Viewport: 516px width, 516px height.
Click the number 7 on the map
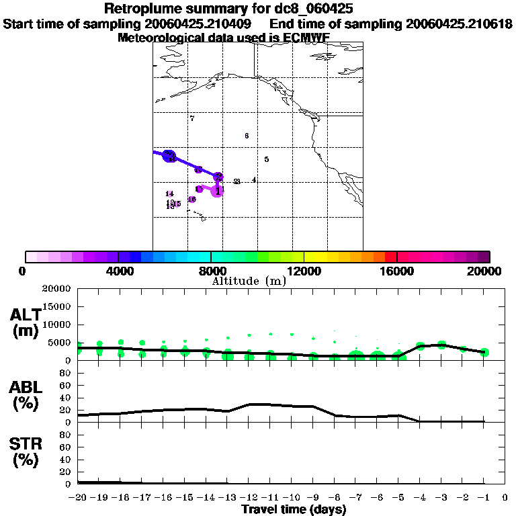[x=192, y=118]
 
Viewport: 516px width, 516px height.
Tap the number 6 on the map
[x=247, y=136]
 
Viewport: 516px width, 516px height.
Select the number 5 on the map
[x=267, y=159]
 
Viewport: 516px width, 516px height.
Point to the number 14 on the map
[x=169, y=193]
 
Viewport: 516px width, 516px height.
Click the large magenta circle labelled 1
[x=217, y=191]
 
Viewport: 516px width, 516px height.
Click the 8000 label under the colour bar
[x=211, y=271]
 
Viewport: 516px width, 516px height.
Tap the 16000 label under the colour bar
[x=396, y=271]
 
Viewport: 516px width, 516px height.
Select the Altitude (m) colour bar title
[x=249, y=281]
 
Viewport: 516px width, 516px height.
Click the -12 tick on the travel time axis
[x=249, y=498]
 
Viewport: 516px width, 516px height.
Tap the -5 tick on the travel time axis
[x=398, y=498]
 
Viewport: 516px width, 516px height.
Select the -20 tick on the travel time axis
[x=78, y=498]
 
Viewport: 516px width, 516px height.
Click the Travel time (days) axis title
[x=294, y=509]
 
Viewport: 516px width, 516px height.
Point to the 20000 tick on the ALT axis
[x=57, y=289]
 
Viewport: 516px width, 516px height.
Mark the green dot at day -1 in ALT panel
[x=484, y=352]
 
